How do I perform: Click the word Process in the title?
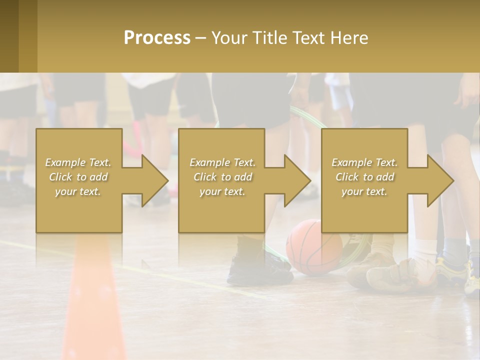click(157, 37)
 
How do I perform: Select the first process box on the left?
click(79, 180)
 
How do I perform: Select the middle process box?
click(221, 180)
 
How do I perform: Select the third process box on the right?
click(364, 180)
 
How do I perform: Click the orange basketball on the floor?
click(314, 247)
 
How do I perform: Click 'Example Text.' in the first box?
click(78, 162)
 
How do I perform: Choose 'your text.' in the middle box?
click(222, 191)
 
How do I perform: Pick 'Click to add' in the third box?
click(364, 177)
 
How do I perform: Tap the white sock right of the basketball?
click(425, 250)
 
